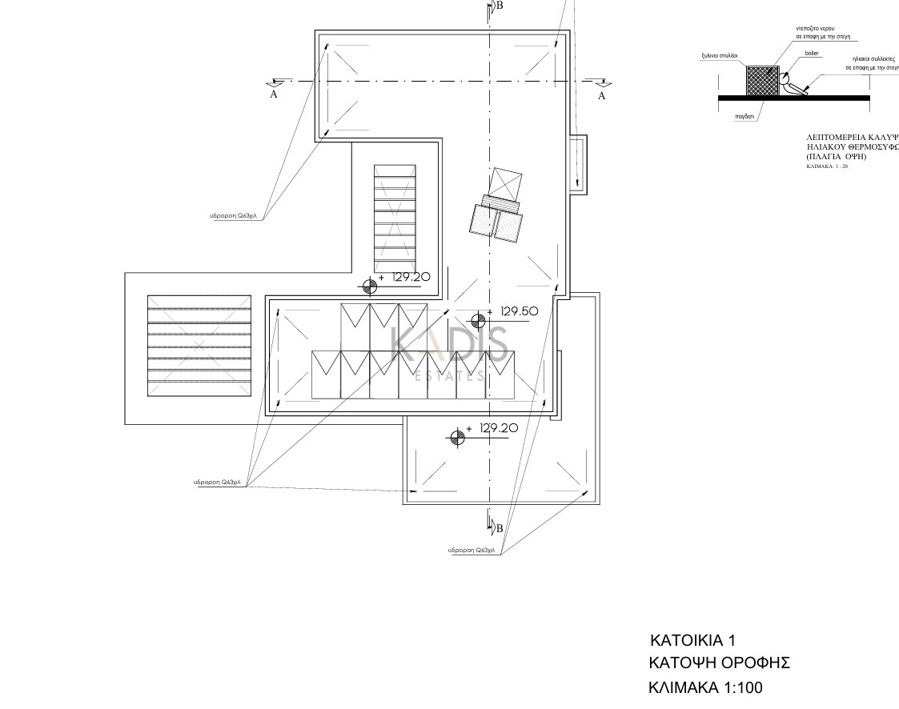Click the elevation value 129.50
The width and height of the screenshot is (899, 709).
coord(518,311)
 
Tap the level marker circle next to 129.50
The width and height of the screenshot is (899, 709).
coord(478,321)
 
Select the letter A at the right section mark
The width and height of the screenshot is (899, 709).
coord(602,95)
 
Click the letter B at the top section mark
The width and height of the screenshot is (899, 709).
coord(500,6)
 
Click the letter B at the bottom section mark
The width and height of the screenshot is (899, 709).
coord(499,528)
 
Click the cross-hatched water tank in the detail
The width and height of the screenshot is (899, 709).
coord(762,82)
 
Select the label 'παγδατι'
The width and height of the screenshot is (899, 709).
coord(745,116)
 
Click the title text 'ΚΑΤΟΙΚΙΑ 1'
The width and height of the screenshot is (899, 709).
coord(692,640)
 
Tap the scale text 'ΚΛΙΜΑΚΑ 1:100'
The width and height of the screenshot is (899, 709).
coord(705,687)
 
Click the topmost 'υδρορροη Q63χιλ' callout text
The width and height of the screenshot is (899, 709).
coord(237,216)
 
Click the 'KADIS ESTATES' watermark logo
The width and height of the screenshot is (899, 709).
coord(449,353)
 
